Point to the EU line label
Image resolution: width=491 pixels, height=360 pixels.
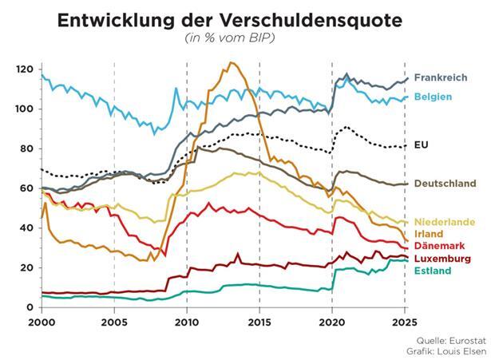coord(422,144)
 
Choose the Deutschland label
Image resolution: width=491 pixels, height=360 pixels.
coord(445,183)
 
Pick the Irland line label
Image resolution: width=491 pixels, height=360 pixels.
coord(429,233)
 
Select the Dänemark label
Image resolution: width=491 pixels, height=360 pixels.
coord(438,246)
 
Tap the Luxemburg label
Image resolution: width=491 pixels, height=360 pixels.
coord(442,259)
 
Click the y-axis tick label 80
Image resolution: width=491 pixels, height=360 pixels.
coord(28,148)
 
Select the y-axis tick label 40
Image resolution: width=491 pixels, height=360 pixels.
coord(28,228)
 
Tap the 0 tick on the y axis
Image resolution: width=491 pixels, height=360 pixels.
coord(30,307)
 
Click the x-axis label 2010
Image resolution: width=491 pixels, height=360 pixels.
coord(186,323)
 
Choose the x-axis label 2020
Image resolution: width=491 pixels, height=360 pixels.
coord(332,323)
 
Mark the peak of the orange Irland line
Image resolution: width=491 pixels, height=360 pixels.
coord(232,63)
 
